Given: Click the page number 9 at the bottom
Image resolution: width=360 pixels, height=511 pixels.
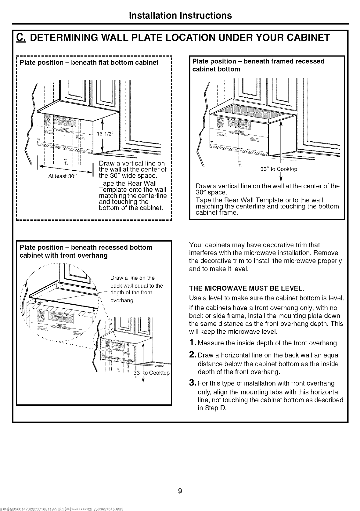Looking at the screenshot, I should click(x=180, y=491).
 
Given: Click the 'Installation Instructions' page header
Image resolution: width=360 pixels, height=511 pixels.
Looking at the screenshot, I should click(x=180, y=15).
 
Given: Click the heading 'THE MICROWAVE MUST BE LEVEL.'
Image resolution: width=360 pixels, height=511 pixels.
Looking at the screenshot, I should click(x=246, y=288).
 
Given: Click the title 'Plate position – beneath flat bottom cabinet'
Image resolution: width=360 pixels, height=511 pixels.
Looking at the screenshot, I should click(x=89, y=63).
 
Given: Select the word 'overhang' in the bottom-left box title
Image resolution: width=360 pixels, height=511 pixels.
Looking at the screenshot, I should click(x=93, y=255).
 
